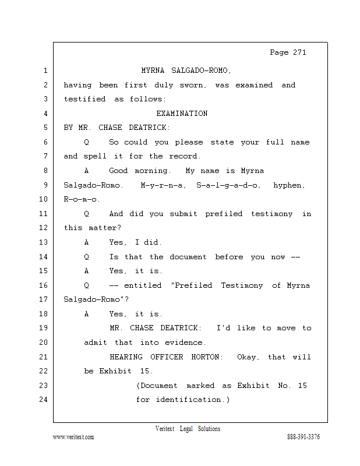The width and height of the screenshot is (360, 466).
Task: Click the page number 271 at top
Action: (x=299, y=52)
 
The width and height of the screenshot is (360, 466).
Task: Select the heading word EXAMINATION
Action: (x=182, y=113)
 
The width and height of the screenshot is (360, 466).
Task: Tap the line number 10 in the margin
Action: (x=44, y=199)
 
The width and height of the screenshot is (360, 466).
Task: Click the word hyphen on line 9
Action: (x=289, y=185)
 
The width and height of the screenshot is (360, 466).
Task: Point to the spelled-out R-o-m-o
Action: (x=82, y=199)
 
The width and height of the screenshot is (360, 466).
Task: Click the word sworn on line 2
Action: (x=193, y=85)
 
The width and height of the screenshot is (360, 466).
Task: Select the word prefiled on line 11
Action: (x=224, y=214)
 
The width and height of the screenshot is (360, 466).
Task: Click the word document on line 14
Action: (x=188, y=257)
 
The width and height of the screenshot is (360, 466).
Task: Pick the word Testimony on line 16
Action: (x=242, y=285)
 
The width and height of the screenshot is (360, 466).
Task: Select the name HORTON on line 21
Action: (x=207, y=356)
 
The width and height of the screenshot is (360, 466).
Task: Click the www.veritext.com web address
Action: (x=73, y=437)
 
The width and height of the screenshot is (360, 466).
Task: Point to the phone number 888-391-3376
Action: (x=303, y=436)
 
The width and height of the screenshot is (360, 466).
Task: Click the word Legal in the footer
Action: (x=186, y=429)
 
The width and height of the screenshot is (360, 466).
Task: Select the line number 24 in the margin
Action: (x=44, y=399)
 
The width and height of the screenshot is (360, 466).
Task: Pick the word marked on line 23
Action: (x=200, y=386)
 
